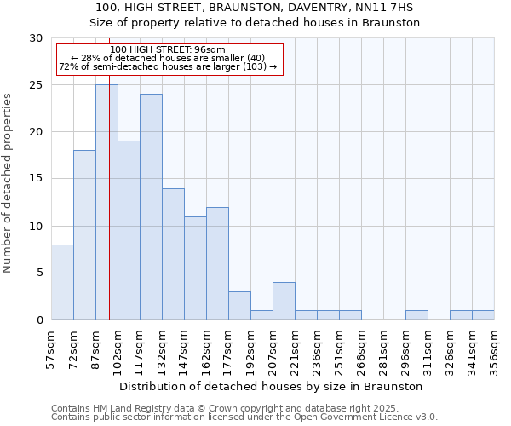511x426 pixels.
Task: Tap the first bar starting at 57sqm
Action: pos(62,282)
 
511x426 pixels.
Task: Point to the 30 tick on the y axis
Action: pos(36,38)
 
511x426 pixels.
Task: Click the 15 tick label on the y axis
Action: pos(36,179)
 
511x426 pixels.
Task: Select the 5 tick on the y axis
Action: pos(39,273)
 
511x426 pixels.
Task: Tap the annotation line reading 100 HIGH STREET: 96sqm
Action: pos(168,49)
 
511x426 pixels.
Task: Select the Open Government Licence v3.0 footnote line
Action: pos(244,417)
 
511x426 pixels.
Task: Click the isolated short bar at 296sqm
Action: pos(416,315)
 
